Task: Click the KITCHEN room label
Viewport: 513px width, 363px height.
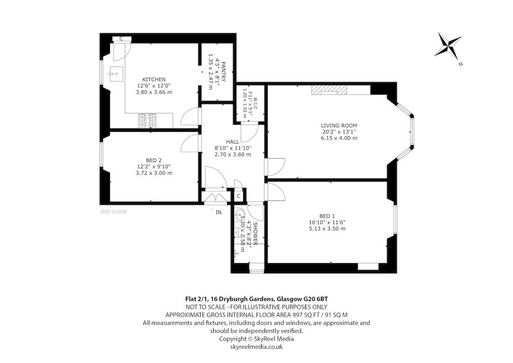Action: [154, 79]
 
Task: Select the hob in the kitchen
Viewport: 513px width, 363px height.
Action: [147, 120]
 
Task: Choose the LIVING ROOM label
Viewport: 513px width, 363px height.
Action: [339, 126]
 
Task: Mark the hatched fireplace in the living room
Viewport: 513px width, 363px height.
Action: [329, 90]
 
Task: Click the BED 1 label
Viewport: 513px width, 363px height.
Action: [327, 216]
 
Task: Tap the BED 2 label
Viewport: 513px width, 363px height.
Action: [154, 160]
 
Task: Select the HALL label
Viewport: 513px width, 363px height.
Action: [233, 142]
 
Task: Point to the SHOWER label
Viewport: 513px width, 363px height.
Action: [255, 233]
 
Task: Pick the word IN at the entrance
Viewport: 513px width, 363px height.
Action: [218, 212]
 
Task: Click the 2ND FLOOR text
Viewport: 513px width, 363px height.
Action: [113, 212]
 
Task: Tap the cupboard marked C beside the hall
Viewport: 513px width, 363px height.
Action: [238, 196]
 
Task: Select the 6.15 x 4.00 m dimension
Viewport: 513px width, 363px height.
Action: [339, 138]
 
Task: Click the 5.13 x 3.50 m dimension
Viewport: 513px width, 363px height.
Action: [327, 228]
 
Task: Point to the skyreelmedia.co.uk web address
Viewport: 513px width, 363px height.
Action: [256, 346]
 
